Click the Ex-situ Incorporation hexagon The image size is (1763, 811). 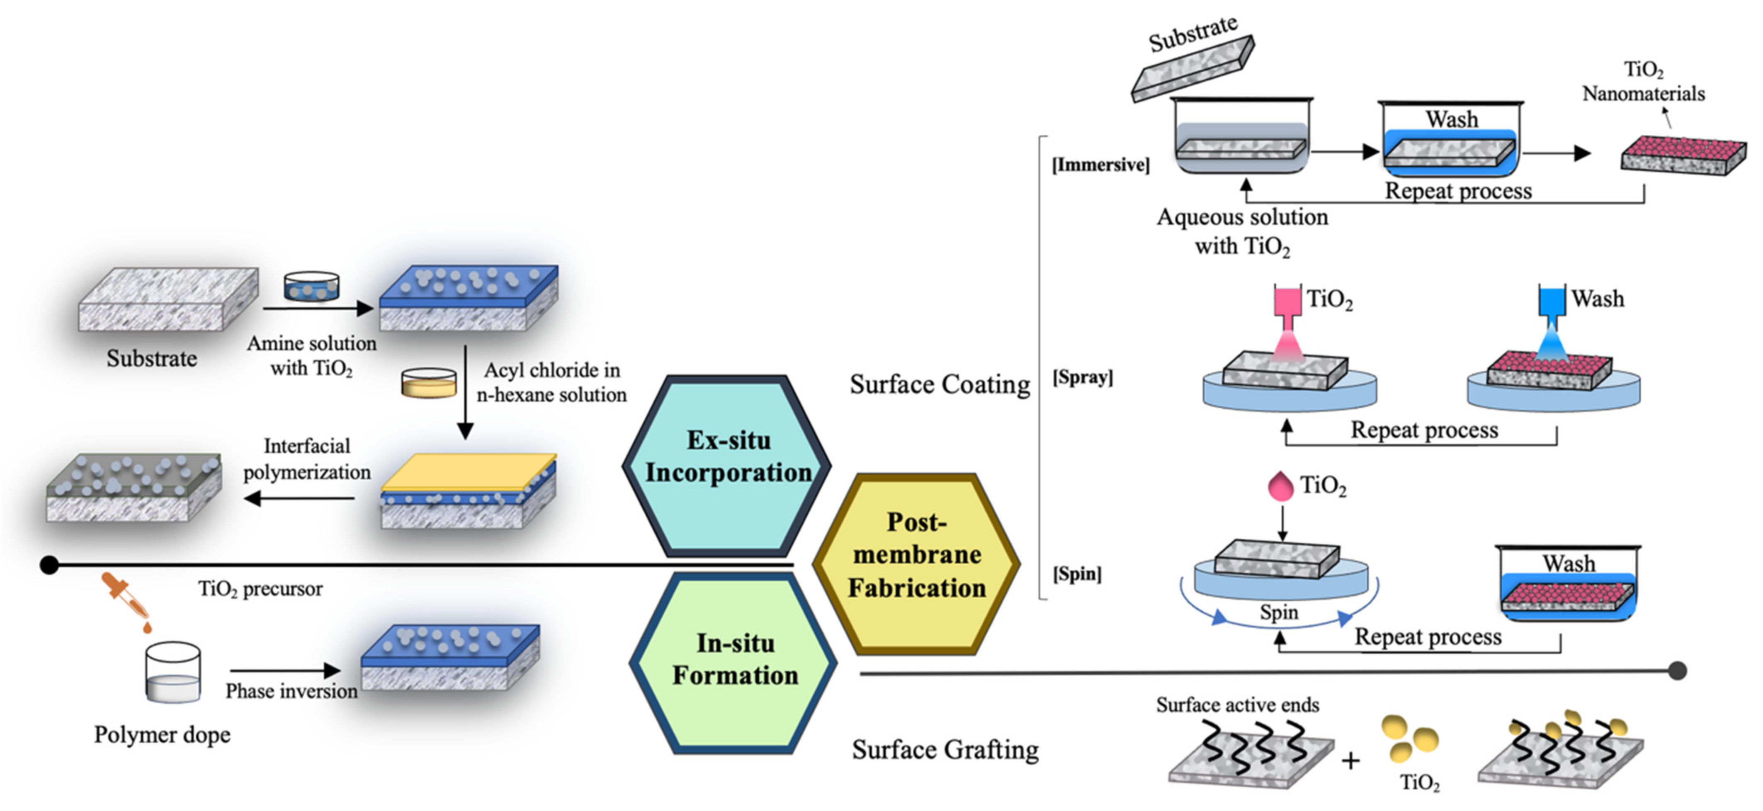point(728,465)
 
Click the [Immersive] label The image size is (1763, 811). point(1100,165)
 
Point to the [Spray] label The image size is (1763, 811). point(1082,377)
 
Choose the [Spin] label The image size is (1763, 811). point(1076,573)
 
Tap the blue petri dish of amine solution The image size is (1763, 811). point(311,287)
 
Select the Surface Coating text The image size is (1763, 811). point(939,385)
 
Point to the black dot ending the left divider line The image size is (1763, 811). point(49,565)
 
